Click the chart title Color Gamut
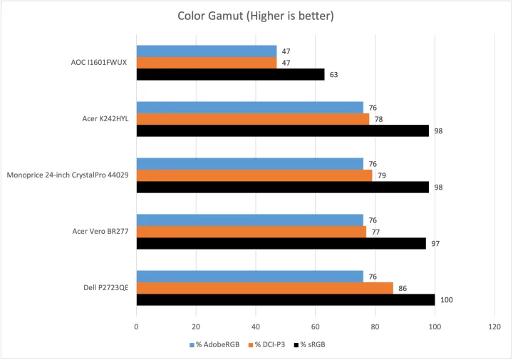click(x=256, y=16)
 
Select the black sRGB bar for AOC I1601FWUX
click(x=230, y=74)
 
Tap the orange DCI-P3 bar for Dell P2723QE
click(x=264, y=288)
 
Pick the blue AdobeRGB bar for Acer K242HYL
click(x=249, y=108)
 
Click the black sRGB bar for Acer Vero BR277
click(x=281, y=243)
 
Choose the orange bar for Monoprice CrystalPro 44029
click(x=254, y=175)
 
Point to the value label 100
click(x=447, y=300)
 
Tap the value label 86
click(x=403, y=288)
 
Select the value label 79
click(x=382, y=175)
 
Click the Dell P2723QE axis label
click(x=105, y=288)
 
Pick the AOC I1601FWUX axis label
click(x=94, y=62)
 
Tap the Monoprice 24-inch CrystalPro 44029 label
click(x=68, y=175)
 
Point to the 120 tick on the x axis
click(x=494, y=328)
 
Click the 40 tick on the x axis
click(x=256, y=328)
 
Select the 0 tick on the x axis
click(x=136, y=328)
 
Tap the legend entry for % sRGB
click(x=312, y=345)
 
